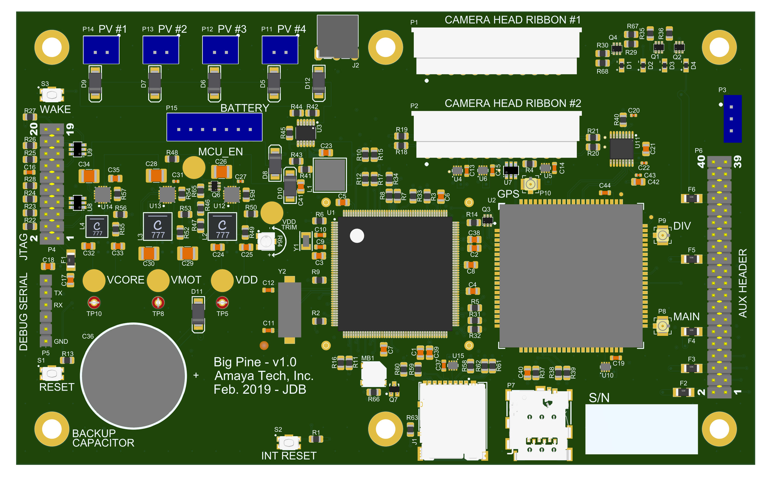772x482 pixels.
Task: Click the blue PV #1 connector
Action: pyautogui.click(x=101, y=50)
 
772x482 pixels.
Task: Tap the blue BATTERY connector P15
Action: pyautogui.click(x=214, y=127)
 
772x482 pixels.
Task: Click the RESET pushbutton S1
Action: pyautogui.click(x=52, y=373)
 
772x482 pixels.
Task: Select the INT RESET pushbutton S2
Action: pyautogui.click(x=288, y=443)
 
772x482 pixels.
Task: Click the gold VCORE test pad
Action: pyautogui.click(x=94, y=281)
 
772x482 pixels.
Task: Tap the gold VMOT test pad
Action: pyautogui.click(x=158, y=281)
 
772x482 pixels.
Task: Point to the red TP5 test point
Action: pyautogui.click(x=222, y=302)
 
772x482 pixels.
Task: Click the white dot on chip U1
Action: pyautogui.click(x=357, y=236)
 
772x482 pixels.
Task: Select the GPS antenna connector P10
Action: pyautogui.click(x=530, y=184)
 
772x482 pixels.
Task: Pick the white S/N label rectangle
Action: pyautogui.click(x=641, y=429)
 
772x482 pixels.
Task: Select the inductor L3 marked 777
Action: pyautogui.click(x=158, y=226)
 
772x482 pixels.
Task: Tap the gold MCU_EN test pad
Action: pyautogui.click(x=194, y=168)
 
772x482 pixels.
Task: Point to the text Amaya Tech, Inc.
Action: pyautogui.click(x=264, y=376)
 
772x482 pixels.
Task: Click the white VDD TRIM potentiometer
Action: pyautogui.click(x=266, y=241)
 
